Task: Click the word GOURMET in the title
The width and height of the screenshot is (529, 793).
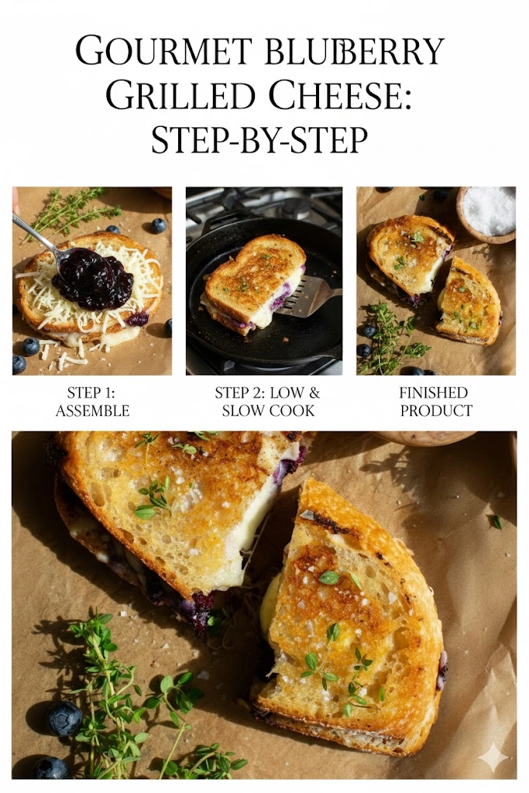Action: pyautogui.click(x=164, y=52)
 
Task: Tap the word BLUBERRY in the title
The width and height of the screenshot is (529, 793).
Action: pyautogui.click(x=354, y=52)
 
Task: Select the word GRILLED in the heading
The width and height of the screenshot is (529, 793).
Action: pyautogui.click(x=180, y=96)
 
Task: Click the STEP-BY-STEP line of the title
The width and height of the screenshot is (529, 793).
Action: pyautogui.click(x=259, y=140)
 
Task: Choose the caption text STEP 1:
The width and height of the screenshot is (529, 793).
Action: pyautogui.click(x=91, y=393)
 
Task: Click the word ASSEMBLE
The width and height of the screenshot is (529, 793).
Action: pyautogui.click(x=91, y=410)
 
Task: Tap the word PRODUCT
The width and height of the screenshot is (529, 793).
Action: pyautogui.click(x=435, y=410)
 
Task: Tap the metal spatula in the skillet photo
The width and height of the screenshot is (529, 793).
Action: pyautogui.click(x=313, y=299)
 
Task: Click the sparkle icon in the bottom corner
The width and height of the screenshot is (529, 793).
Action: pyautogui.click(x=493, y=757)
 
